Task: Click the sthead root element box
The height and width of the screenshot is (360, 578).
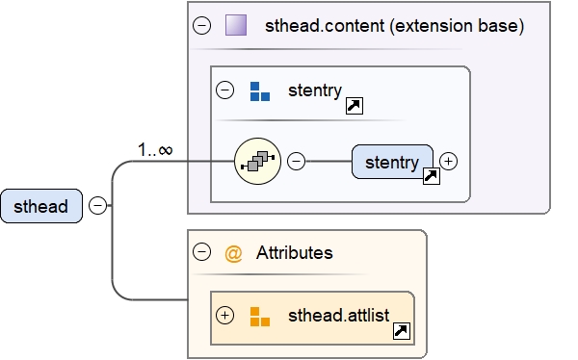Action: pyautogui.click(x=40, y=206)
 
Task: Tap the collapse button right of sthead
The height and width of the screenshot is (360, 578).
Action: pyautogui.click(x=97, y=205)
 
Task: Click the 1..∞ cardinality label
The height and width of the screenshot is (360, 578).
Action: pyautogui.click(x=155, y=150)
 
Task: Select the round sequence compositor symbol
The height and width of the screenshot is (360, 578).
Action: pyautogui.click(x=258, y=162)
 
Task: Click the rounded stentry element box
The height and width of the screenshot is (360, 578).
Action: pyautogui.click(x=392, y=162)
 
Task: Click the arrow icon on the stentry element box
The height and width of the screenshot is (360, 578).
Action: pyautogui.click(x=431, y=176)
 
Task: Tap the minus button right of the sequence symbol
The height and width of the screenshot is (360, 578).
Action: pyautogui.click(x=297, y=162)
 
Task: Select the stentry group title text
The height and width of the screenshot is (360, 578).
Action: pyautogui.click(x=314, y=90)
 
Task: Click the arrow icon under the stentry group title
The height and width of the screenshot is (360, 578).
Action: pyautogui.click(x=354, y=105)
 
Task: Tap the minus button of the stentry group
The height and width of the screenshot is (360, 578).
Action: pyautogui.click(x=224, y=90)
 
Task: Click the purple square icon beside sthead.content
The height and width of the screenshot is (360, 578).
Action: pyautogui.click(x=236, y=26)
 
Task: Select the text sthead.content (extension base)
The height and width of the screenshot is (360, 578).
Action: pyautogui.click(x=394, y=26)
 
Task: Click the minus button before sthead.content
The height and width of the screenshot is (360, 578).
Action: pyautogui.click(x=201, y=26)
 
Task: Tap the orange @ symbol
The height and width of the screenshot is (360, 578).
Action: pyautogui.click(x=233, y=253)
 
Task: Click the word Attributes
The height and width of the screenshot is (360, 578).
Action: pyautogui.click(x=295, y=253)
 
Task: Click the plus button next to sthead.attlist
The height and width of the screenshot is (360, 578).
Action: pyautogui.click(x=225, y=315)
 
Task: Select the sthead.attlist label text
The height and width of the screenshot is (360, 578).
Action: pyautogui.click(x=336, y=315)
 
